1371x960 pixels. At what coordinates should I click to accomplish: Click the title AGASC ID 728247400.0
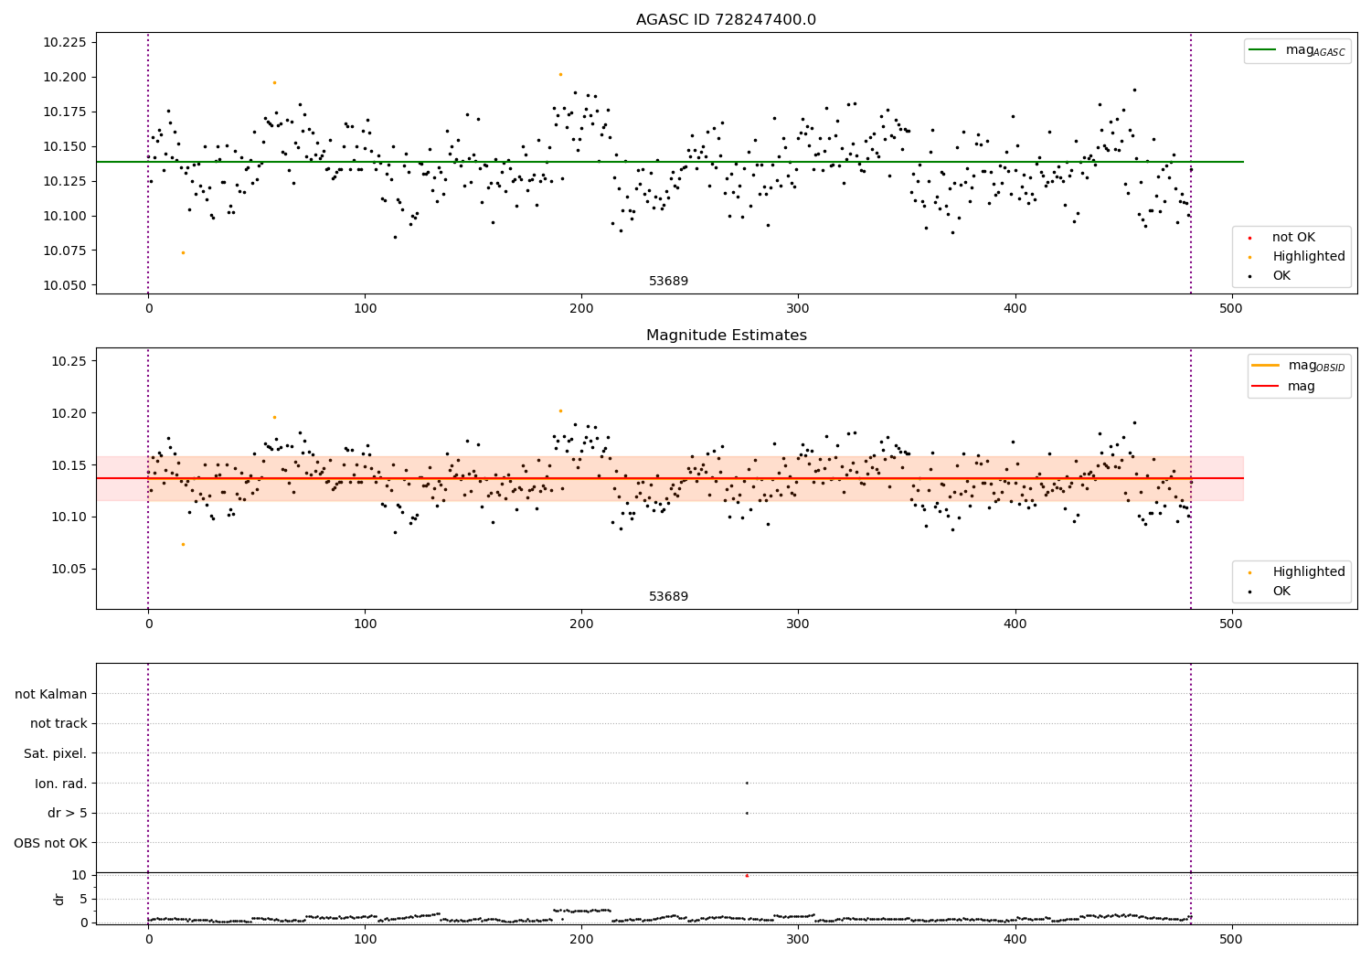pyautogui.click(x=726, y=20)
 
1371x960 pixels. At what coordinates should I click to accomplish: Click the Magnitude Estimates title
pyautogui.click(x=726, y=336)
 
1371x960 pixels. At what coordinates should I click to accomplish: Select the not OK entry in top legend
pyautogui.click(x=1293, y=238)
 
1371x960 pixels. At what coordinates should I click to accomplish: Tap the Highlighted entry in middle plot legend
pyautogui.click(x=1308, y=572)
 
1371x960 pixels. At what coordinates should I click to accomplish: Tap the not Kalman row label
pyautogui.click(x=51, y=694)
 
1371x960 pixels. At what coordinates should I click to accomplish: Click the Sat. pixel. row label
pyautogui.click(x=55, y=753)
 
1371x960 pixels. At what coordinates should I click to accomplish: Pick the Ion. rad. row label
pyautogui.click(x=60, y=784)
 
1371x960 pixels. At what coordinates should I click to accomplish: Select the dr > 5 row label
pyautogui.click(x=67, y=813)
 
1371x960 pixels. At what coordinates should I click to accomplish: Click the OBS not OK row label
pyautogui.click(x=50, y=843)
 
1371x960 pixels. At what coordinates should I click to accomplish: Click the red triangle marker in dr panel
pyautogui.click(x=747, y=876)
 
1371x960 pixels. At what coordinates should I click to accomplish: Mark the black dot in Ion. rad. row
pyautogui.click(x=747, y=783)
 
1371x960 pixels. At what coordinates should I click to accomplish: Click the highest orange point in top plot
pyautogui.click(x=560, y=74)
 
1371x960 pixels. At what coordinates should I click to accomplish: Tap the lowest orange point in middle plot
pyautogui.click(x=183, y=544)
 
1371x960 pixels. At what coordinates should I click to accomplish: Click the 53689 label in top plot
pyautogui.click(x=668, y=282)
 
